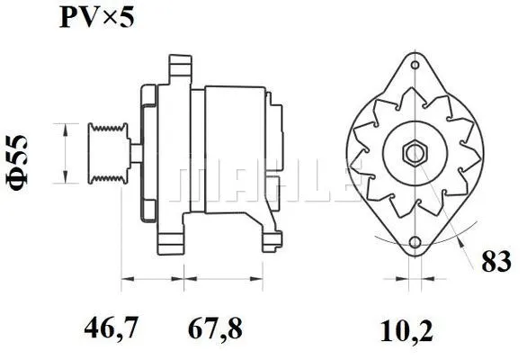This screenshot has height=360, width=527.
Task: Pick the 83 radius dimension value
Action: pos(496,263)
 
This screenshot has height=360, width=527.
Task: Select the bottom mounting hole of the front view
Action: pos(414,243)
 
